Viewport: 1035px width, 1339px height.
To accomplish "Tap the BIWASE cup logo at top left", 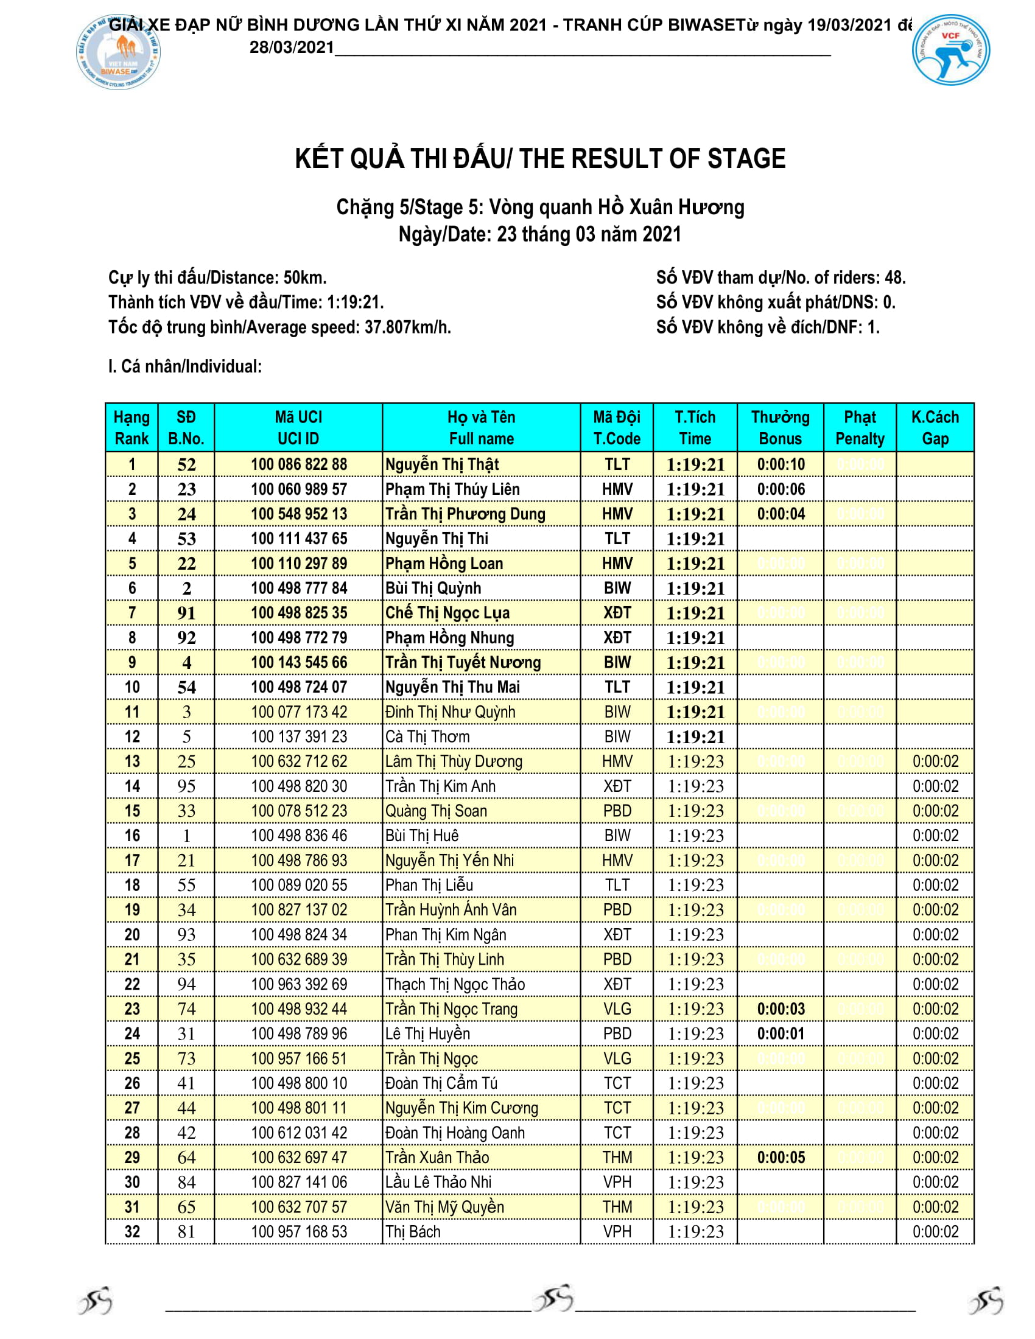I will [x=118, y=53].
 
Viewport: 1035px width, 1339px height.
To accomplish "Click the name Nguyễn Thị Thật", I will [x=441, y=465].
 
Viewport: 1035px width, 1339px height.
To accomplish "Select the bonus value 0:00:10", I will [x=781, y=465].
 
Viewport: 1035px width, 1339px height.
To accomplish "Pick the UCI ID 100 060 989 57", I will [x=298, y=489].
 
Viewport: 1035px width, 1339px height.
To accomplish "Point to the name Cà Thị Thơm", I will [x=427, y=737].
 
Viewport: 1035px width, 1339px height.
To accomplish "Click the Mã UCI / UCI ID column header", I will [x=298, y=428].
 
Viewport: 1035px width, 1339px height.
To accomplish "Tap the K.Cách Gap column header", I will [x=935, y=428].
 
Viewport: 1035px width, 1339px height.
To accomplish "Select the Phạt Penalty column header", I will [x=860, y=428].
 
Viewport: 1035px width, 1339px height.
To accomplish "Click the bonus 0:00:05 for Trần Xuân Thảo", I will [x=781, y=1158].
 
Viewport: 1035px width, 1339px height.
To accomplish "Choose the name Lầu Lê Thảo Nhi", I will [x=438, y=1182].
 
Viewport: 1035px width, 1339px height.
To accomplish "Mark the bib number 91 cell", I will [x=186, y=613].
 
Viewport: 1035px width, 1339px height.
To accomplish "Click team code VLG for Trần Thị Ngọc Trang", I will [x=617, y=1009].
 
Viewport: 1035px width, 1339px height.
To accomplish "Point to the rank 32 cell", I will [x=133, y=1232].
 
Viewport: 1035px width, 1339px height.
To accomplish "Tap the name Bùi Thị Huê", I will [x=422, y=836].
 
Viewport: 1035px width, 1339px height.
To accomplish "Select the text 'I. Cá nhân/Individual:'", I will [x=185, y=366].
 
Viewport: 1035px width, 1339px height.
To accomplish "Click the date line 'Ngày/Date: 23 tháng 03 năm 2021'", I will [x=539, y=234].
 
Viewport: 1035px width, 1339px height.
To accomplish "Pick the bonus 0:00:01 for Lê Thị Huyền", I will [x=781, y=1033].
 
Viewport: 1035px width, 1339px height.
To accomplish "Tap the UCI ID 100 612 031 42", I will [x=298, y=1133].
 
